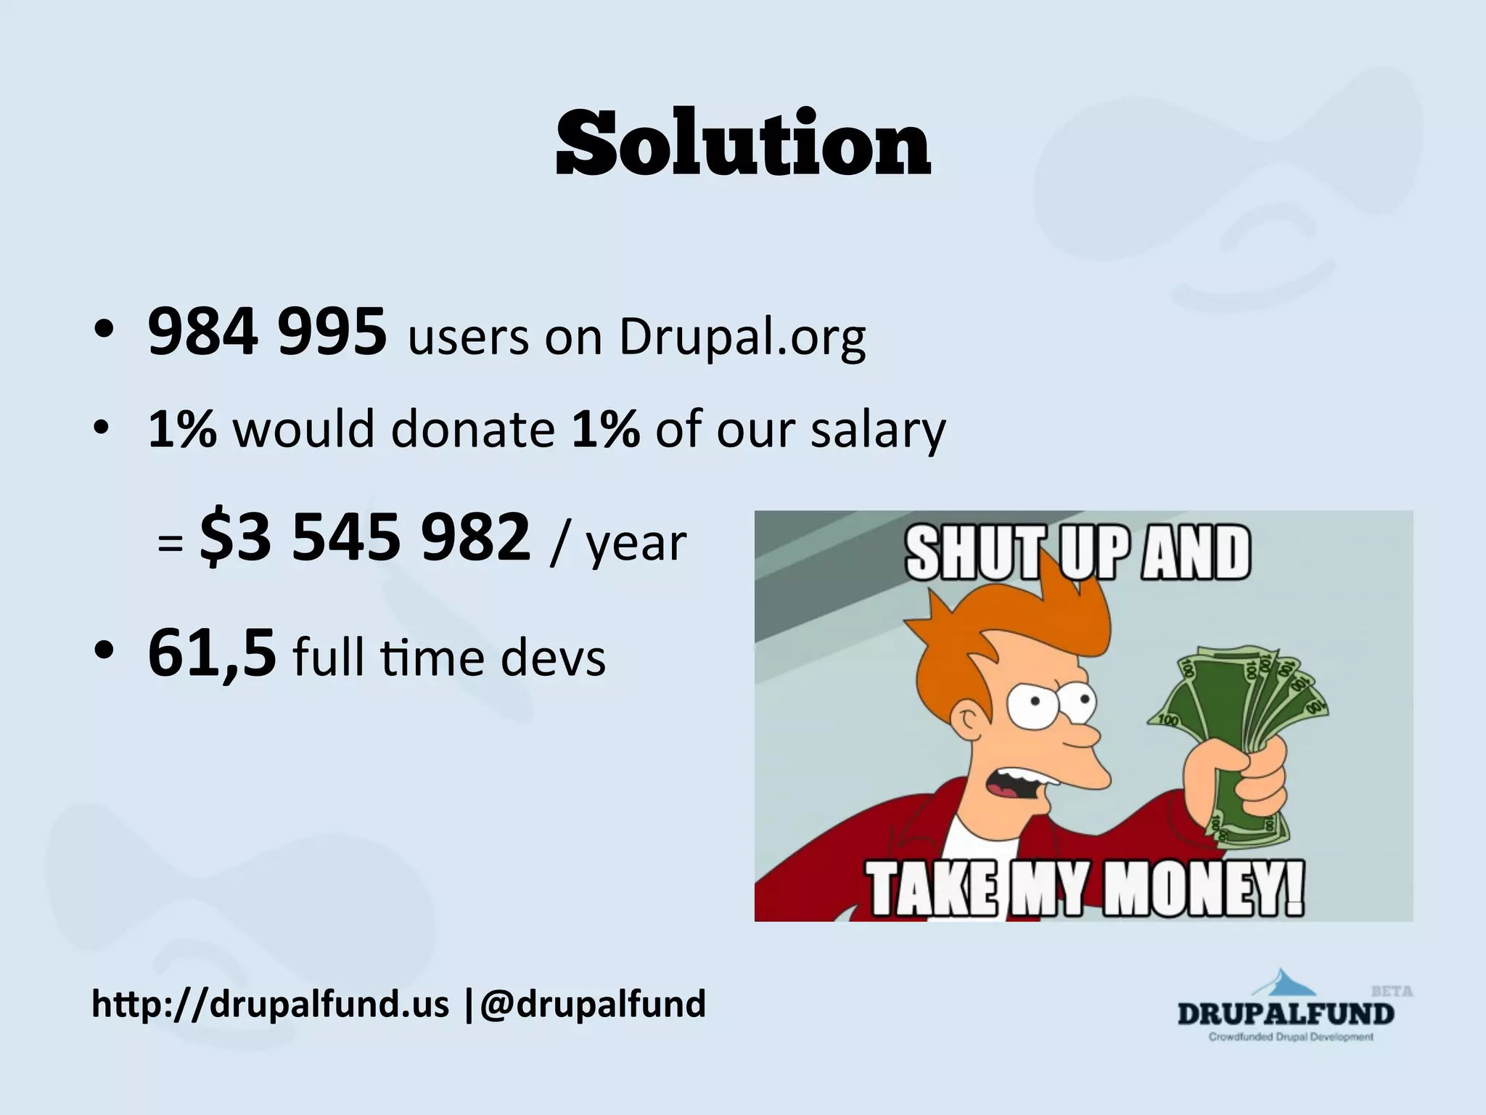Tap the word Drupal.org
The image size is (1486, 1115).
point(742,338)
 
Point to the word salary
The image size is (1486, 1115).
point(878,430)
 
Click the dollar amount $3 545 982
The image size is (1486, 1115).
point(366,538)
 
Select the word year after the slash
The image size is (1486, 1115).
point(636,544)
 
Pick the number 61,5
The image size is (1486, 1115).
point(212,653)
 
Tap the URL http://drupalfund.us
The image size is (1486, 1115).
point(270,1005)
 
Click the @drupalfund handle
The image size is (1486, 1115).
point(592,1005)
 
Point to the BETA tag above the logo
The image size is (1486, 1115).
point(1392,991)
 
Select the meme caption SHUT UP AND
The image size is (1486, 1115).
point(1078,553)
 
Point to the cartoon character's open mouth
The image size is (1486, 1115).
point(1019,791)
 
